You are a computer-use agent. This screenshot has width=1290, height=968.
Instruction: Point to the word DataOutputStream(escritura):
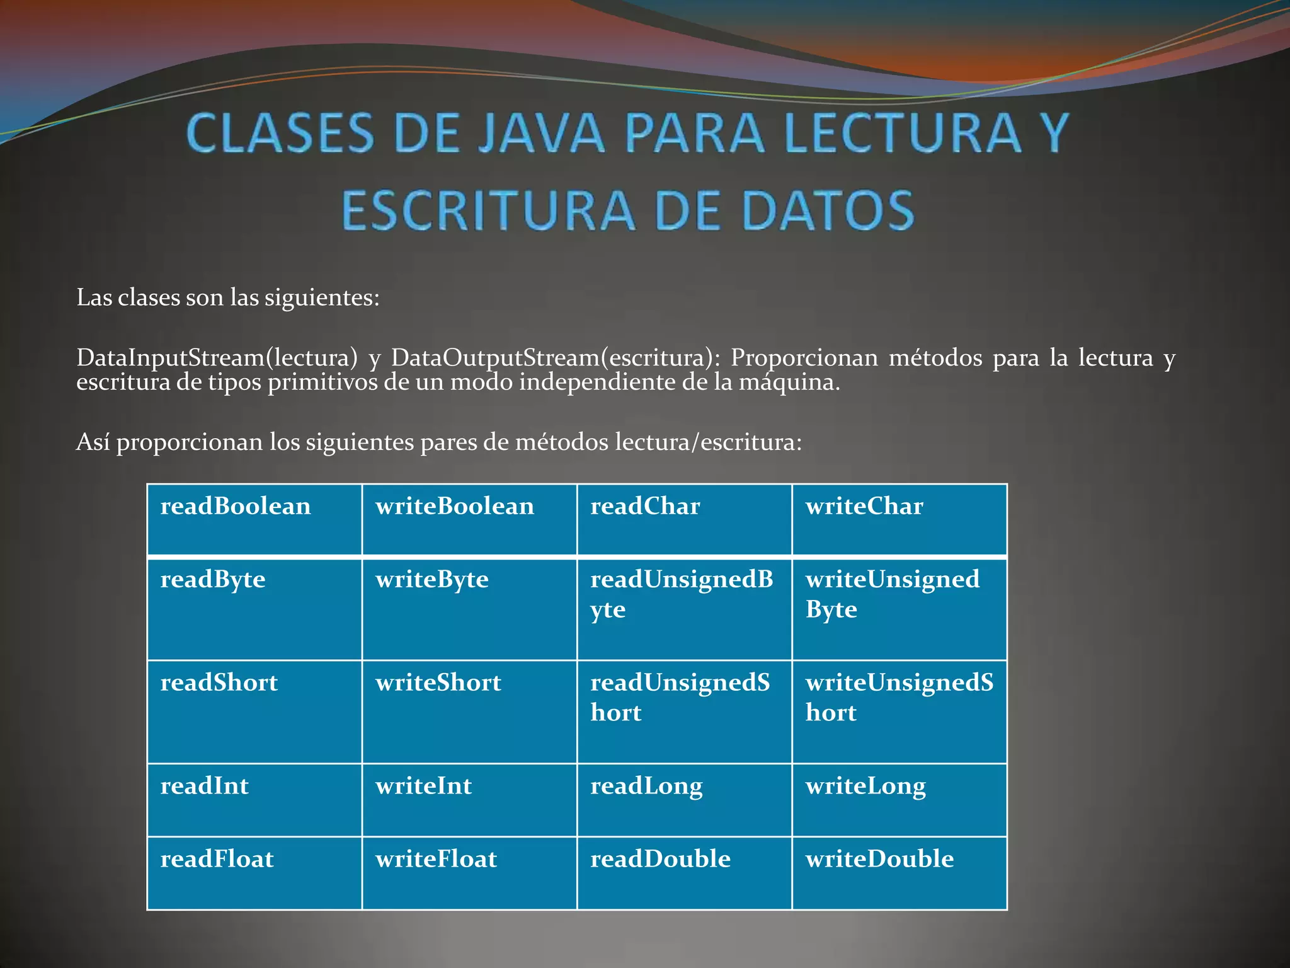pos(555,358)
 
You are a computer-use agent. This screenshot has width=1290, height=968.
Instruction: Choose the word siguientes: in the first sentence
pos(322,297)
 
